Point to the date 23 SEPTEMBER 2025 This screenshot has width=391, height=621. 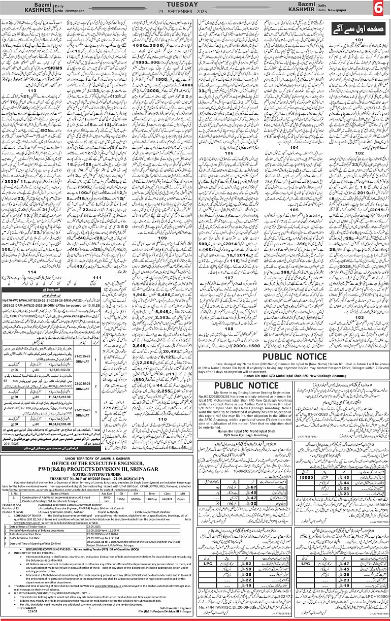(x=195, y=12)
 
